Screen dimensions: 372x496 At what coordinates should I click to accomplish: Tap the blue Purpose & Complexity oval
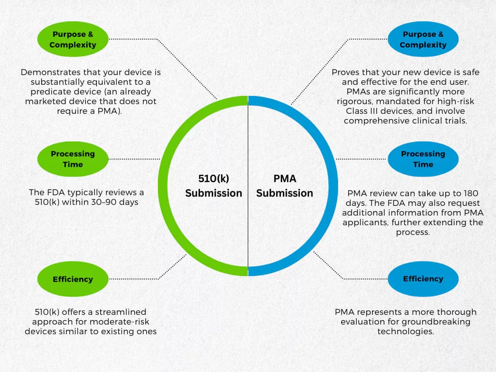tap(423, 40)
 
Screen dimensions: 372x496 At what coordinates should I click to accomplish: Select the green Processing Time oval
tap(73, 159)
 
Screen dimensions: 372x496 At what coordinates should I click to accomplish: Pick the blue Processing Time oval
tap(423, 159)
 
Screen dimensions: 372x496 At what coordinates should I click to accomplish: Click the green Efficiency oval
tap(73, 279)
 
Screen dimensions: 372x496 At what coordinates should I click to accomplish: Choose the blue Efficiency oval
tap(423, 279)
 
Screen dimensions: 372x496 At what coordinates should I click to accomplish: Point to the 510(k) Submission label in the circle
tap(214, 186)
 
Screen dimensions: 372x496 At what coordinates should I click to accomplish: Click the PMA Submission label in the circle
tap(284, 186)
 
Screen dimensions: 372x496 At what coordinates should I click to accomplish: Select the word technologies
tap(405, 331)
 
